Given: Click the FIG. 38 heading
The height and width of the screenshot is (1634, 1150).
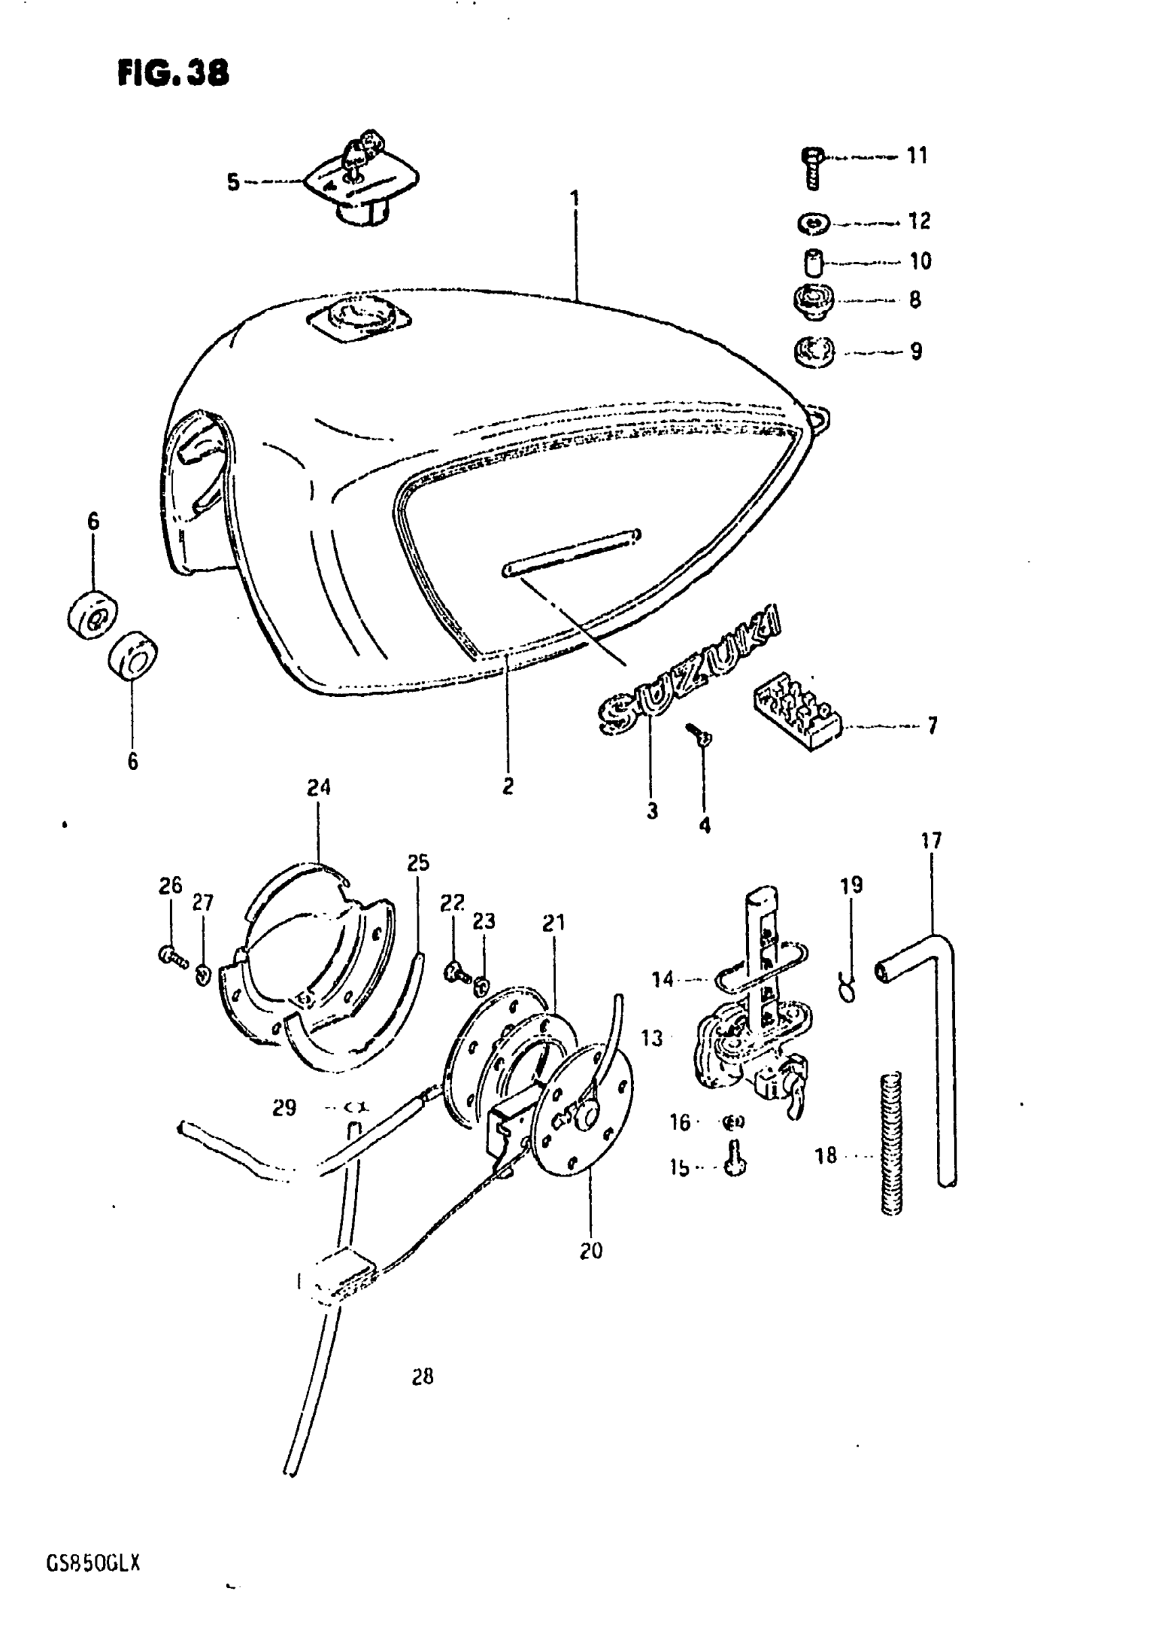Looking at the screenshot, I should (x=173, y=72).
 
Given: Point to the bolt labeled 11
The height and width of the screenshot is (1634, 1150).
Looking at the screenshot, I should (x=812, y=168).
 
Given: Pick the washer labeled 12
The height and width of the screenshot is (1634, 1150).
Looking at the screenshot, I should (x=812, y=223).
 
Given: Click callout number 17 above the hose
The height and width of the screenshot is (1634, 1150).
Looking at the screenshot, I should (x=931, y=840).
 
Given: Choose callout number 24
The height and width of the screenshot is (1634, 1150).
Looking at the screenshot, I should (x=319, y=787).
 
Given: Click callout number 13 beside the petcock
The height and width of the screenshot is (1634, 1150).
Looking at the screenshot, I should (x=652, y=1039).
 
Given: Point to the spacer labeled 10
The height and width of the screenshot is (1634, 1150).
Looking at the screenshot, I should (x=812, y=262).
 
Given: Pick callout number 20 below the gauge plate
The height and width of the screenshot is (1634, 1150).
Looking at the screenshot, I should (x=591, y=1250).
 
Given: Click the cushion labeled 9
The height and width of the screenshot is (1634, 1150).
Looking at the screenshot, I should (x=814, y=351).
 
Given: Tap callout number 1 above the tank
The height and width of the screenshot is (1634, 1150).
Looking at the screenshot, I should (x=575, y=197).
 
